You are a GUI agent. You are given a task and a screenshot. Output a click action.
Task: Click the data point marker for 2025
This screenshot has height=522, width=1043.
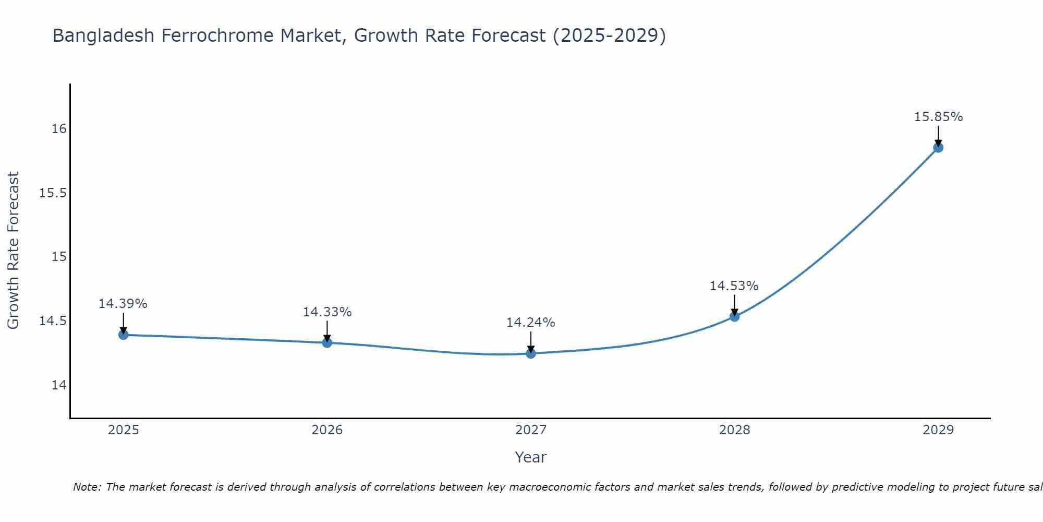point(124,335)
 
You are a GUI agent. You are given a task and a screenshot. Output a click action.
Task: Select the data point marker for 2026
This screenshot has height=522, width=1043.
point(327,342)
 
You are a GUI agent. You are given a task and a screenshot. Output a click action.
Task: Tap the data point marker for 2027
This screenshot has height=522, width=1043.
point(531,353)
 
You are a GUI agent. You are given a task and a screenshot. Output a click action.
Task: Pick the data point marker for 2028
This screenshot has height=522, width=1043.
point(734,316)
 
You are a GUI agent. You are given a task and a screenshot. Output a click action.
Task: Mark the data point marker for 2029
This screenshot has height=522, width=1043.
point(938,147)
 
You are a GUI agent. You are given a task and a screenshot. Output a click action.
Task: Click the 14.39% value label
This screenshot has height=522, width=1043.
point(123,304)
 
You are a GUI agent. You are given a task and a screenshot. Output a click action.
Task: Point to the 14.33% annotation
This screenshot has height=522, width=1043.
point(327,312)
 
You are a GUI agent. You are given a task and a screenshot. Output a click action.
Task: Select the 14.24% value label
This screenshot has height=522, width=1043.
point(530,323)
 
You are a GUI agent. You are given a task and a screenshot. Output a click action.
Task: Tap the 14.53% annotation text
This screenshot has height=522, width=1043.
point(734,286)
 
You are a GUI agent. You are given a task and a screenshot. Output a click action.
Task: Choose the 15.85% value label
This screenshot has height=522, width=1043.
point(938,117)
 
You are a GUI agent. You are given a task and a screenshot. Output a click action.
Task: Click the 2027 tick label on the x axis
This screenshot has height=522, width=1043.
point(531,430)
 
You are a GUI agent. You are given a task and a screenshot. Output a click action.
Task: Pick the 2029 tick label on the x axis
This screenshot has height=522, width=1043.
point(938,430)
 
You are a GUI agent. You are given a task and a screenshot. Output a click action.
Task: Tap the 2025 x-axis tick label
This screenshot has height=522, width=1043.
point(124,430)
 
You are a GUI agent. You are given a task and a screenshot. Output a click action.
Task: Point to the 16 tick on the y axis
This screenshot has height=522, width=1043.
point(59,129)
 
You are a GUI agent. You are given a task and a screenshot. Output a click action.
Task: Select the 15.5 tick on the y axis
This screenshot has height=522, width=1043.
point(53,193)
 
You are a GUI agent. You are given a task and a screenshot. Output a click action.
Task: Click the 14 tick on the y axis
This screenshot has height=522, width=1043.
point(59,385)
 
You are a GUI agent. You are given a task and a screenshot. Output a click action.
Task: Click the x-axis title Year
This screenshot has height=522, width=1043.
point(530,457)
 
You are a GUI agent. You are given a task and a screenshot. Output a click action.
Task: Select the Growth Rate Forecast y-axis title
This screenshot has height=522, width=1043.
point(13,250)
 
